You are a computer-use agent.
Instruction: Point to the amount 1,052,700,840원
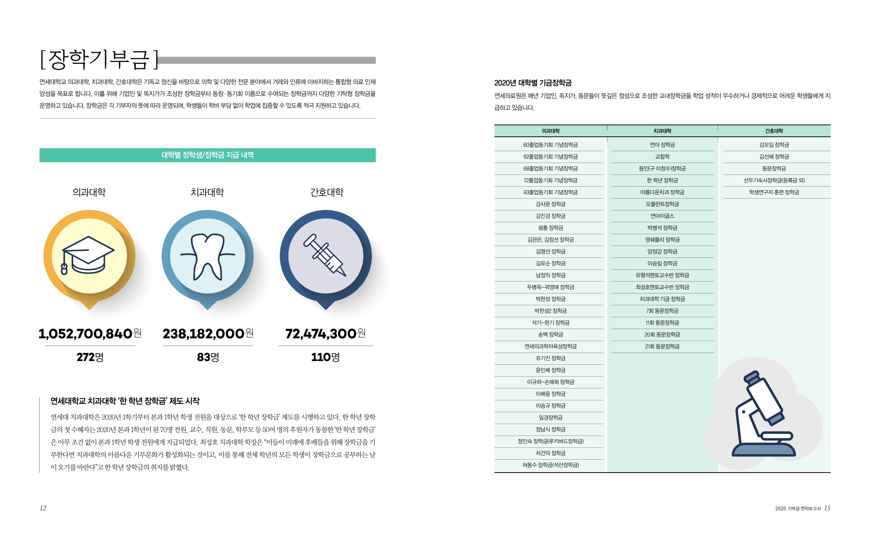(x=90, y=333)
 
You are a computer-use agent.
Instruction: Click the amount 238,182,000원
(x=208, y=333)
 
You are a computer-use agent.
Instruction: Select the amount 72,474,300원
(x=325, y=333)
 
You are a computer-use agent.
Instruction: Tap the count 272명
(x=90, y=357)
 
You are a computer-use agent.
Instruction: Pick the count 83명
(x=208, y=357)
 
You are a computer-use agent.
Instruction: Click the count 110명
(x=325, y=357)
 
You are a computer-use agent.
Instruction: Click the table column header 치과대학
(x=662, y=131)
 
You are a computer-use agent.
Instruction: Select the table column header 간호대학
(x=774, y=131)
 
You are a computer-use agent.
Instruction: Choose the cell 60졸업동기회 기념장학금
(x=550, y=145)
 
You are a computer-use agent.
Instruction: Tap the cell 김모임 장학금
(x=774, y=145)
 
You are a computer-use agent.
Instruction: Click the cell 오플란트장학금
(x=662, y=204)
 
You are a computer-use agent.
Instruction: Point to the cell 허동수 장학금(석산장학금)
(x=550, y=465)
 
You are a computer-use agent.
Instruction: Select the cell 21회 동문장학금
(x=662, y=346)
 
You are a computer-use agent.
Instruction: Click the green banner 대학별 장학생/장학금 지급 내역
(x=207, y=155)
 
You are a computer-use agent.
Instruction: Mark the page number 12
(x=43, y=508)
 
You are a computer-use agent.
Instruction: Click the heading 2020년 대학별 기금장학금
(x=533, y=83)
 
